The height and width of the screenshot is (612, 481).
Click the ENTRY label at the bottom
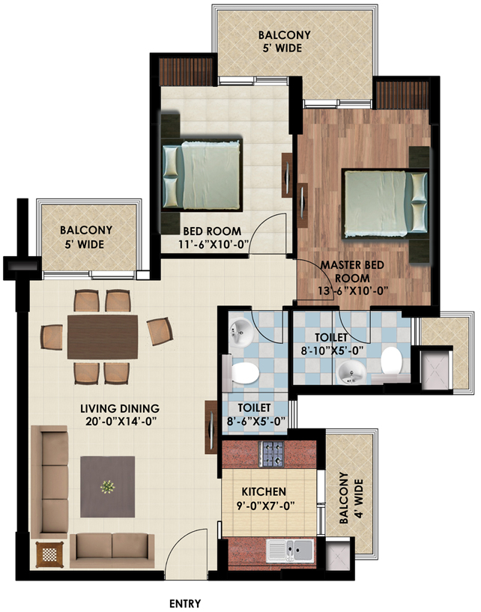[x=185, y=604]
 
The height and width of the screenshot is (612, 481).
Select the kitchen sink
[x=291, y=551]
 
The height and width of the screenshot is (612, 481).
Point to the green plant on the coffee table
[x=107, y=487]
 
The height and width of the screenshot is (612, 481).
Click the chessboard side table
[x=49, y=554]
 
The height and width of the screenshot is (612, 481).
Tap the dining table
[x=103, y=337]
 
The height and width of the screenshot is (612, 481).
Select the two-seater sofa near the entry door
[x=112, y=551]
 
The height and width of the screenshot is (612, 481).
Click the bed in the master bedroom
[x=385, y=203]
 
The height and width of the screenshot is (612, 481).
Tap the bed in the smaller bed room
[x=202, y=175]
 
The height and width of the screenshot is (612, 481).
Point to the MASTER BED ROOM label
[x=353, y=272]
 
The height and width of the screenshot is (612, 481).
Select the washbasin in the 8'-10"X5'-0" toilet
[x=351, y=372]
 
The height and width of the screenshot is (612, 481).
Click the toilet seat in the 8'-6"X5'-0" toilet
[x=242, y=373]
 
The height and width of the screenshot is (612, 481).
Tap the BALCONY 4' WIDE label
[x=351, y=498]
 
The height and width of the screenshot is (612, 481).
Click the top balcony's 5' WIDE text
[x=283, y=48]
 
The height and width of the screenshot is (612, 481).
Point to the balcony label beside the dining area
[x=86, y=237]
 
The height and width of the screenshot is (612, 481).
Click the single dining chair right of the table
[x=160, y=331]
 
